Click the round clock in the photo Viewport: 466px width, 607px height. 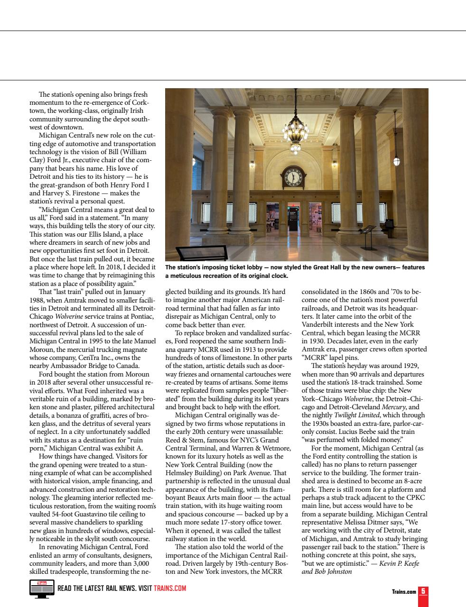coord(293,177)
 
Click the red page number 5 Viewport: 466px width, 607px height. coord(423,591)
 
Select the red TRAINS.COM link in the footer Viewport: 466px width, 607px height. coord(170,589)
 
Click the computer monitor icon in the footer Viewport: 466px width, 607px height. coord(42,589)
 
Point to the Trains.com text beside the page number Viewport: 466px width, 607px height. coord(404,592)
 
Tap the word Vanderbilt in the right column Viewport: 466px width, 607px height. coord(320,325)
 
